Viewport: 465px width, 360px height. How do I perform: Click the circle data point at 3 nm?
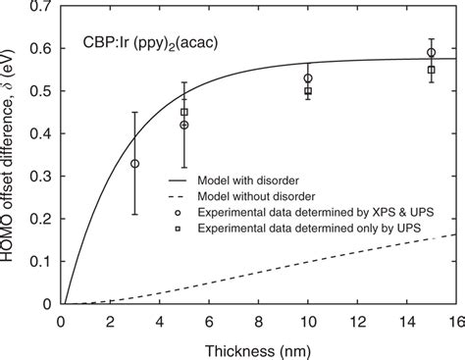[135, 164]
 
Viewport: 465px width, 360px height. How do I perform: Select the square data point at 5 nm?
[184, 112]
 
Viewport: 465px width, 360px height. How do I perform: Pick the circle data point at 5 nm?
[184, 125]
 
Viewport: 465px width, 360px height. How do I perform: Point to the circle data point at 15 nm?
[431, 53]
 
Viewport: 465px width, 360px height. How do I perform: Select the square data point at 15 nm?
[431, 70]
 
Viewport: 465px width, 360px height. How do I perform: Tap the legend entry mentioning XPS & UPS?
[294, 211]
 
